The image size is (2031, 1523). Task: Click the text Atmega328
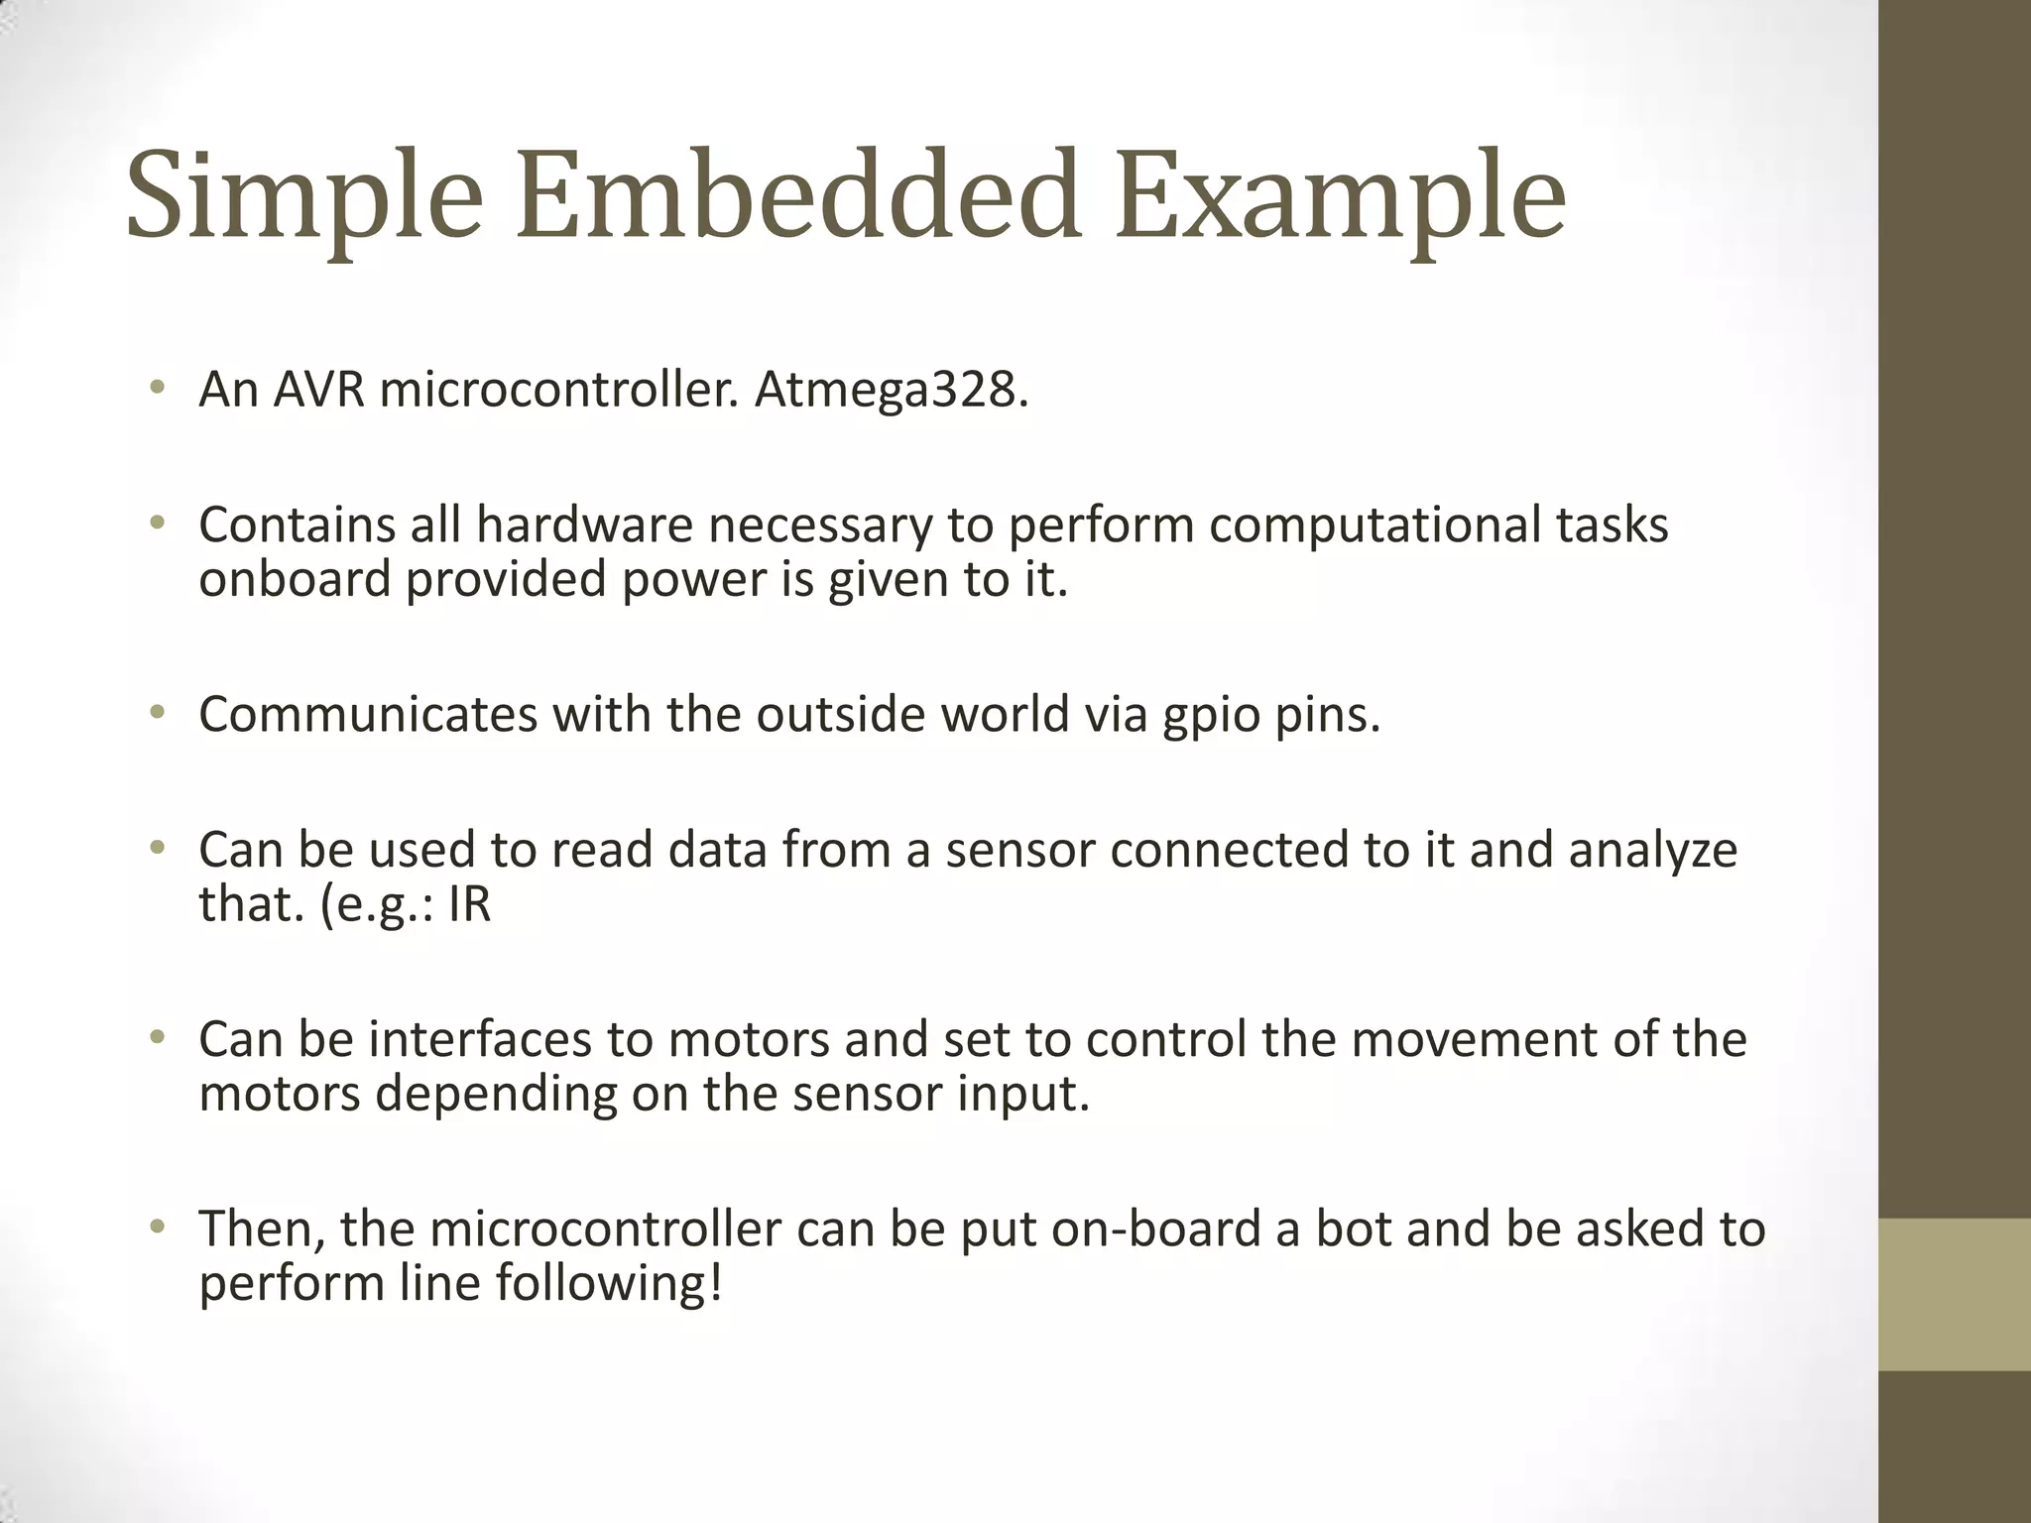[892, 390]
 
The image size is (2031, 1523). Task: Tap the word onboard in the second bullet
[295, 579]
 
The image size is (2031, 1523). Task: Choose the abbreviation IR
[469, 903]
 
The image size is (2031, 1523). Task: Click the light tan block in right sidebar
[1955, 1294]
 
